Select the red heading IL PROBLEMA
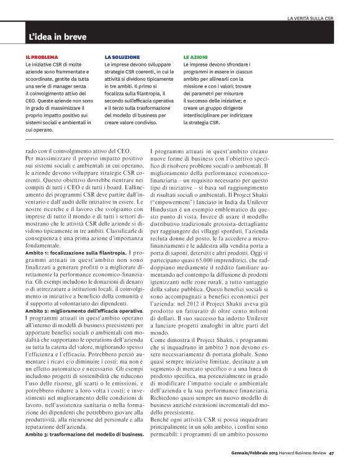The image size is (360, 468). click(x=42, y=56)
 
